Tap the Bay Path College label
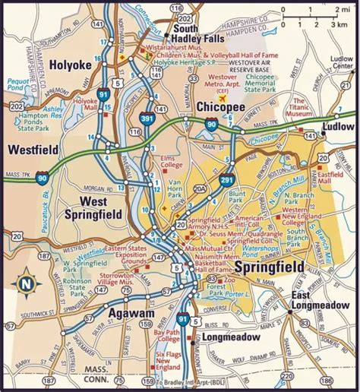[x=168, y=336]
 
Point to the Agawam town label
[x=111, y=312]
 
